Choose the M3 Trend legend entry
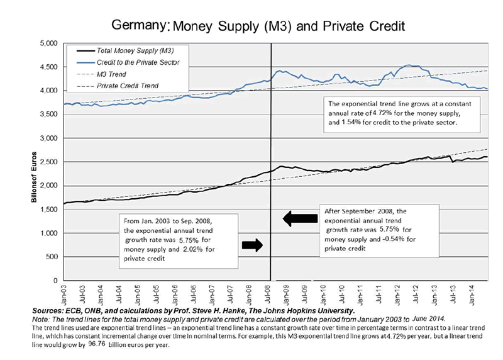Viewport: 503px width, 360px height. pos(113,73)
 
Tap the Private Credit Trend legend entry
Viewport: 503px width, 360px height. pos(126,84)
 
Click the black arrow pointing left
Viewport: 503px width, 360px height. pos(301,218)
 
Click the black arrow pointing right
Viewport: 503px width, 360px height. pos(251,245)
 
